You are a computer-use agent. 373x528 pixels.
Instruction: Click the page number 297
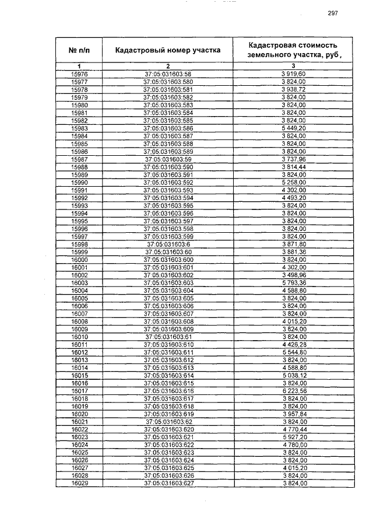(x=333, y=13)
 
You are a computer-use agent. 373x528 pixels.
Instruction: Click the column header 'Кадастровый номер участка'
(x=168, y=50)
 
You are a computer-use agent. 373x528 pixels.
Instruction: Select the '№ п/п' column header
(x=79, y=50)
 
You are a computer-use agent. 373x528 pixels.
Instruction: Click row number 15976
(x=79, y=75)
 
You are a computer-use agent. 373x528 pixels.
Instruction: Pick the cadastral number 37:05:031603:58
(x=168, y=75)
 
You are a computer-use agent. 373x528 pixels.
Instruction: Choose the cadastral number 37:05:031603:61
(x=168, y=337)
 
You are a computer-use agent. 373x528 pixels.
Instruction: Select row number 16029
(x=79, y=483)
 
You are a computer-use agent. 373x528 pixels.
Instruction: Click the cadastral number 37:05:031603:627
(x=168, y=483)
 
